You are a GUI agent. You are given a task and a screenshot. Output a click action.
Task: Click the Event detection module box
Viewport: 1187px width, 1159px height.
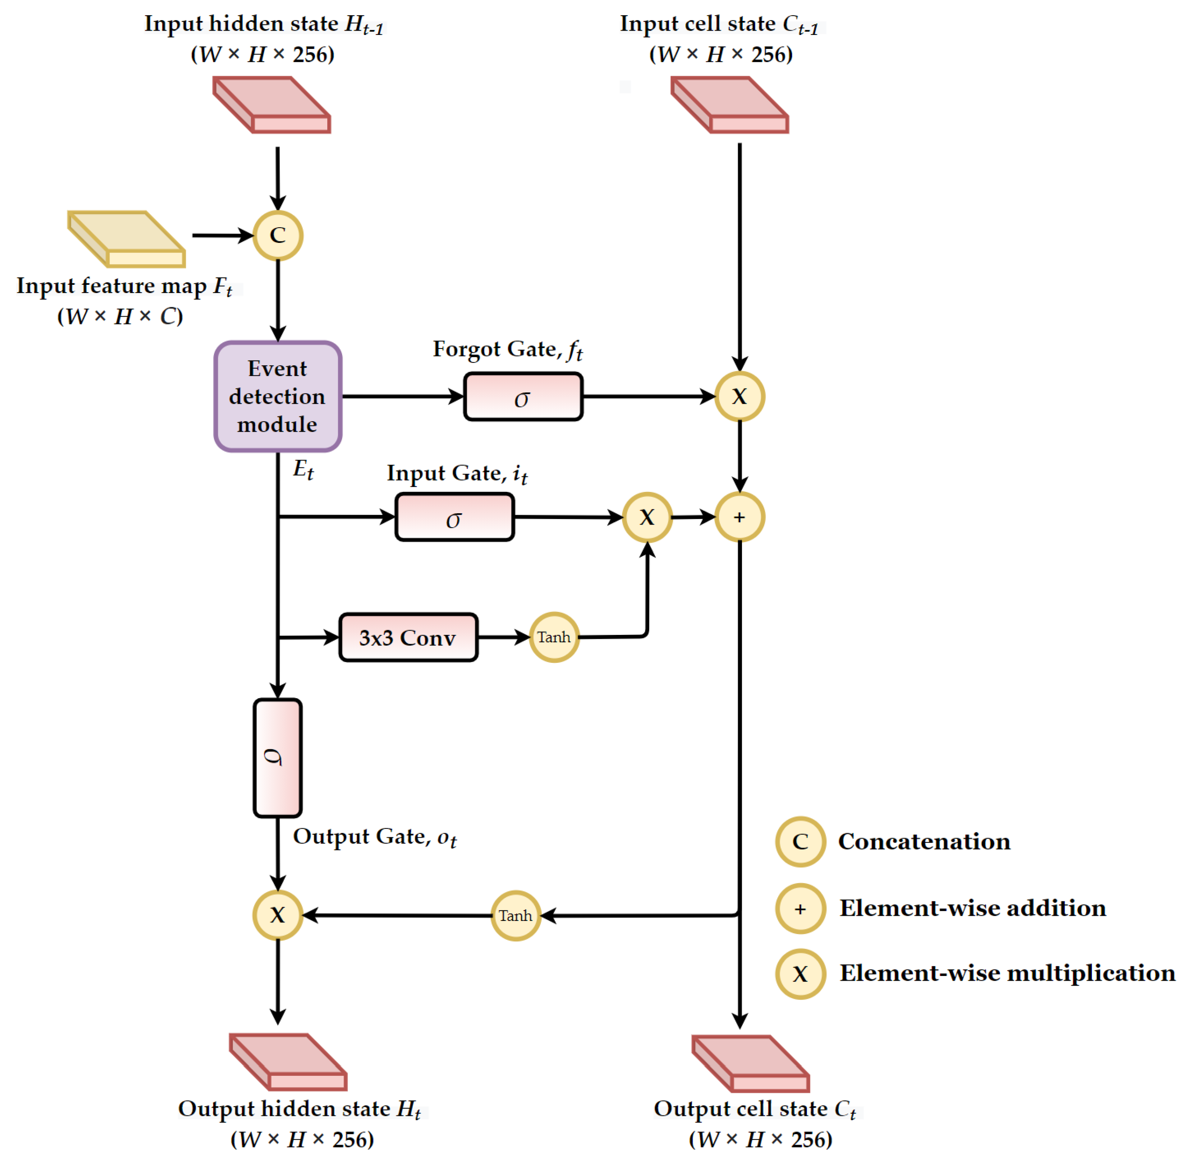278,396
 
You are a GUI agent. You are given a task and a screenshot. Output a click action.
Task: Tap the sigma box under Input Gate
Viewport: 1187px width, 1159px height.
454,517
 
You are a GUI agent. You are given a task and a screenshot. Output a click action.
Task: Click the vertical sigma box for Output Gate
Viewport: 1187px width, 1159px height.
278,758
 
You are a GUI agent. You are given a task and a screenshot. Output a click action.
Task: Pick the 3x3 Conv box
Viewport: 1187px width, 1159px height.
408,637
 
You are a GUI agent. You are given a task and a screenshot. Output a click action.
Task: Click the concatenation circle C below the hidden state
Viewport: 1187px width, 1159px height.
278,235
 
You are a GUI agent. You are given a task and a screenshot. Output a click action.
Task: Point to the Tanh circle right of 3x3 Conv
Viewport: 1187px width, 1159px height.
554,637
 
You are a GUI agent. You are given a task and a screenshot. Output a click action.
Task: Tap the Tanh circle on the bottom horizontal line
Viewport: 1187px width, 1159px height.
515,915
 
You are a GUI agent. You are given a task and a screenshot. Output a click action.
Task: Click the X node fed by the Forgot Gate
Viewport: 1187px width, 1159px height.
739,397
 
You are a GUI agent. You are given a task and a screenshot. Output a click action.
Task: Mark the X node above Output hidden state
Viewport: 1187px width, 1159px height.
278,915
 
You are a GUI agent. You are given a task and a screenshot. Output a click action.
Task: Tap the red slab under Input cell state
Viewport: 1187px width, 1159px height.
730,105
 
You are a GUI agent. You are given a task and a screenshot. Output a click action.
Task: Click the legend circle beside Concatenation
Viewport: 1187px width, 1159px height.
800,841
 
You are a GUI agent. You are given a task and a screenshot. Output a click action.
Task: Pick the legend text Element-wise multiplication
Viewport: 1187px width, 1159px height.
1007,973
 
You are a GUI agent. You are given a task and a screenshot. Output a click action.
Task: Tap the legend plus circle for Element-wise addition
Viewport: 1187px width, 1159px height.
800,909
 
